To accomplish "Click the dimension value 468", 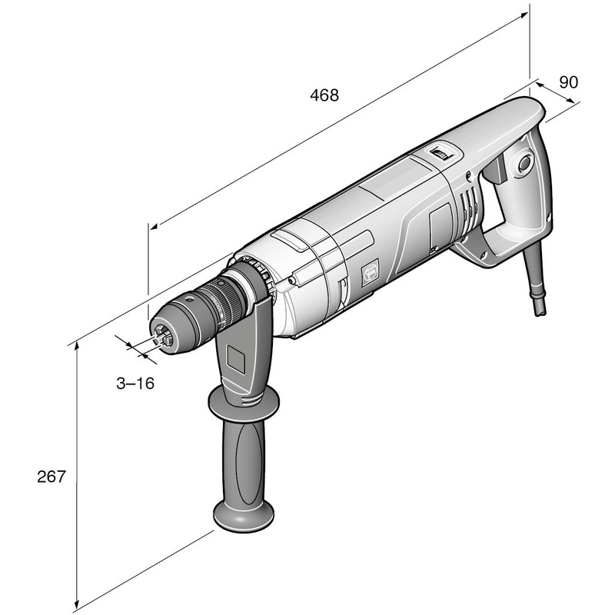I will pyautogui.click(x=324, y=95).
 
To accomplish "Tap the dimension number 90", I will pyautogui.click(x=568, y=83).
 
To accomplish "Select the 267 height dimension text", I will pyautogui.click(x=52, y=476).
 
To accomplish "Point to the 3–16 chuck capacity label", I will pyautogui.click(x=135, y=383).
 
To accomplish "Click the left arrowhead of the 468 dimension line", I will pyautogui.click(x=155, y=228).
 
